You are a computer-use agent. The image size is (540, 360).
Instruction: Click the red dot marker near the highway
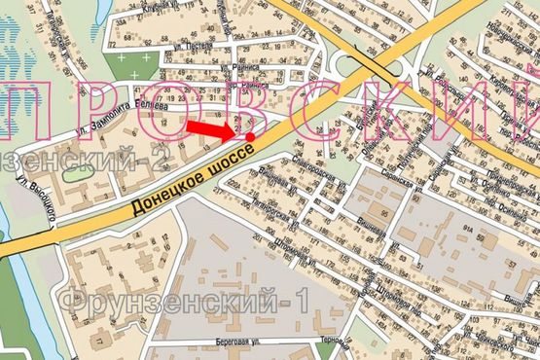click(251, 137)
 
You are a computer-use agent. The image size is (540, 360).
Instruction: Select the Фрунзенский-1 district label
click(185, 300)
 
